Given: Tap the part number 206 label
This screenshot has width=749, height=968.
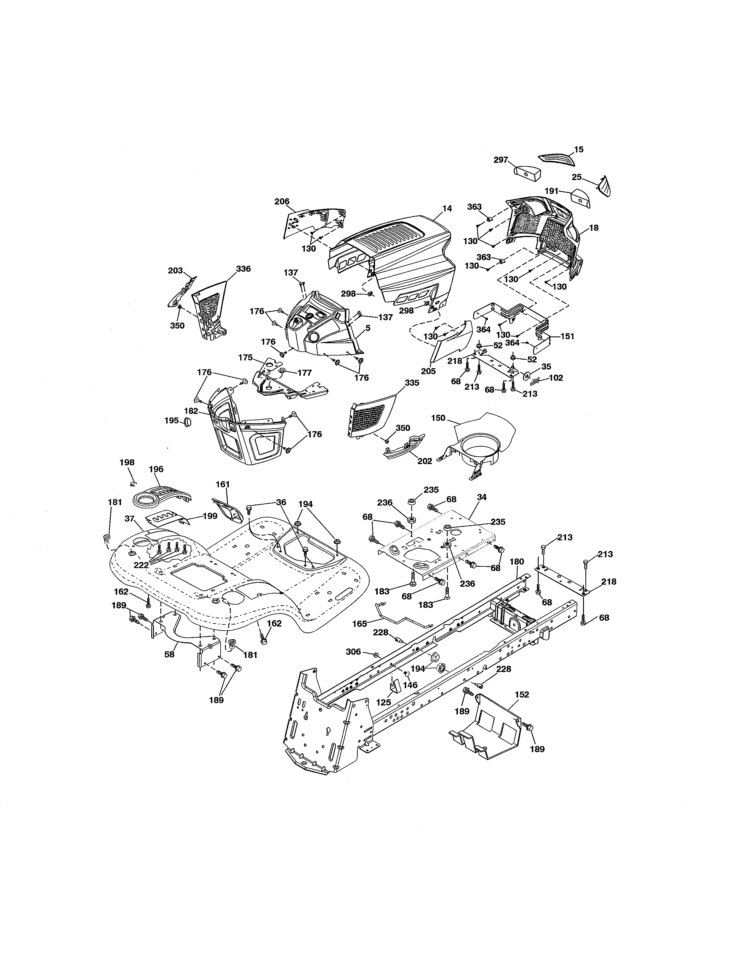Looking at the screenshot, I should coord(282,202).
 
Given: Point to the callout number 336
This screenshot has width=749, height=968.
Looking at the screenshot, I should coord(243,269).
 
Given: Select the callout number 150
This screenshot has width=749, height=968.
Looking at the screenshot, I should coord(438,418).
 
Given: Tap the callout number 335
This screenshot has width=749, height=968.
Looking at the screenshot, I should coord(412,383).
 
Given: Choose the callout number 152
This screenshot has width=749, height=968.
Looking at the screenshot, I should coord(522,695).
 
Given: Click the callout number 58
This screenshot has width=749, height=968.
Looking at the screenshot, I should coord(169,654).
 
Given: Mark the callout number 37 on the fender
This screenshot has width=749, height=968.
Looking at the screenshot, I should coord(129,519).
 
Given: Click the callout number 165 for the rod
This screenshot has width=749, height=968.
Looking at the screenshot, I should coord(360,624).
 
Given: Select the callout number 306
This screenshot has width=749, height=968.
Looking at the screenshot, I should coord(353,651).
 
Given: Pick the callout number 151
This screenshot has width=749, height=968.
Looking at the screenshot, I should coord(567,336).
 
